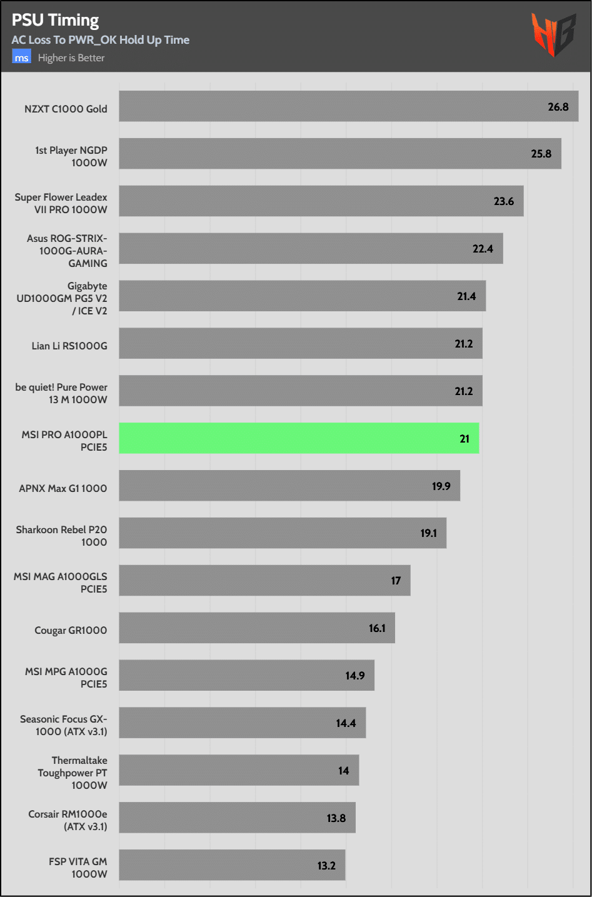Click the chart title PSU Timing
point(55,20)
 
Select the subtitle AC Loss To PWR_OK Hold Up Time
point(100,40)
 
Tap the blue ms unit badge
point(21,58)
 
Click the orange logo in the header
point(553,35)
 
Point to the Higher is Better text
point(71,58)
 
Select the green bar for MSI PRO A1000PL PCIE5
point(299,438)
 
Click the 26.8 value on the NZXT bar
point(558,107)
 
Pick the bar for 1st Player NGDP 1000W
point(340,154)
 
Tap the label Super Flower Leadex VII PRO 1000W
point(61,203)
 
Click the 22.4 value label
point(483,249)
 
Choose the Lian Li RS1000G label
point(69,346)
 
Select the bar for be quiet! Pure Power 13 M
point(300,391)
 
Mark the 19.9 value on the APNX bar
point(441,486)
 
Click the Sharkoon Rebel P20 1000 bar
point(283,533)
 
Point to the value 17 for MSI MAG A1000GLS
point(396,581)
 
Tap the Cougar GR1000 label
point(71,630)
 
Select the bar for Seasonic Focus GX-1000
point(243,723)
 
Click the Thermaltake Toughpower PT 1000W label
point(73,773)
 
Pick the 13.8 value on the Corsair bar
point(336,818)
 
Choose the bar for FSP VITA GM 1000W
point(232,865)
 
